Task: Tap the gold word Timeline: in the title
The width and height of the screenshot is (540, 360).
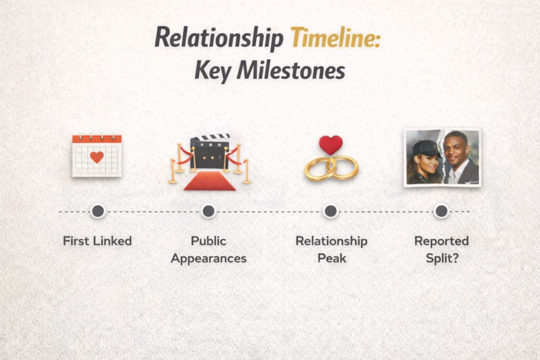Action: (x=335, y=40)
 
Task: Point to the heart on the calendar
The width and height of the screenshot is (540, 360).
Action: (x=97, y=157)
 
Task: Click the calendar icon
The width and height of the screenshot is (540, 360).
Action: (x=97, y=155)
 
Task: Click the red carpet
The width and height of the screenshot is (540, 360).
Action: (x=209, y=181)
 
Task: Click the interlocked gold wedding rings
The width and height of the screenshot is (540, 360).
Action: (x=331, y=168)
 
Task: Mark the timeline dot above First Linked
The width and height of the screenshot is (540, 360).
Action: (x=98, y=211)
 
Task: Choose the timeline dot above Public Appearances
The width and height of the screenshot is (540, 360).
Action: (x=208, y=211)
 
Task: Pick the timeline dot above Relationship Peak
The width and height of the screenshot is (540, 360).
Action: (x=331, y=211)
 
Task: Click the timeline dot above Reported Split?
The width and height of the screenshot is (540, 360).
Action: (x=441, y=211)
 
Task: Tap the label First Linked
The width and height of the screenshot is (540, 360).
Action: (x=98, y=241)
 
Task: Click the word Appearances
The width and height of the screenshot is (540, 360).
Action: (x=209, y=259)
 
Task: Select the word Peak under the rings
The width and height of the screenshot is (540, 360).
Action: (x=331, y=259)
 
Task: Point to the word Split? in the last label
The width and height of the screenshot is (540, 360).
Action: (x=441, y=259)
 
